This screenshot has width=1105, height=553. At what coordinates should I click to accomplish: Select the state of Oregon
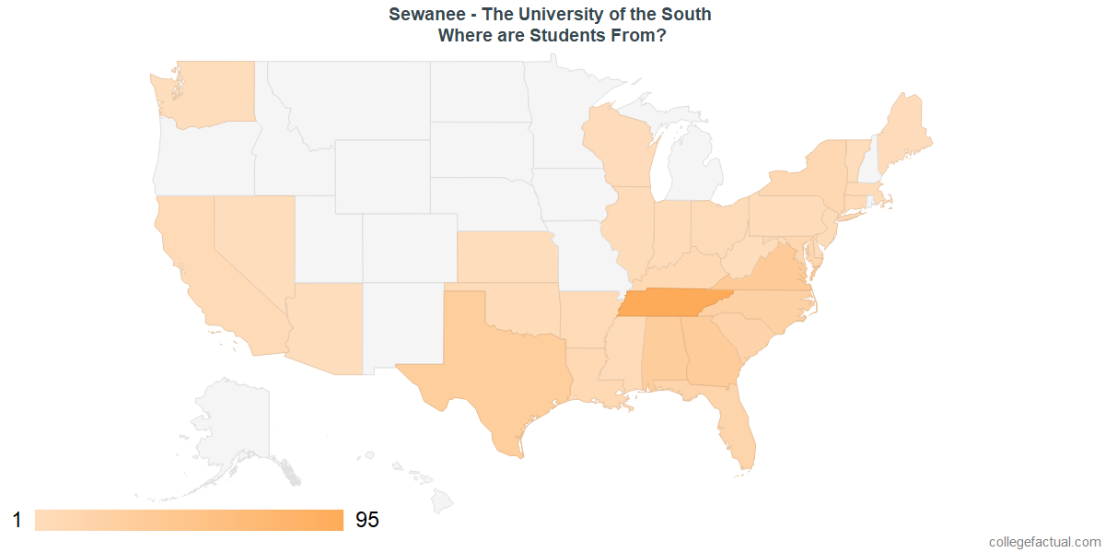pyautogui.click(x=203, y=157)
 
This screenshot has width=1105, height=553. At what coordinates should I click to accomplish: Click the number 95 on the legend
pyautogui.click(x=366, y=521)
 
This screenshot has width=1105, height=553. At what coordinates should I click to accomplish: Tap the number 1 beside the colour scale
pyautogui.click(x=17, y=521)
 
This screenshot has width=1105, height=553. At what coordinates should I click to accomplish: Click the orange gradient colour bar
pyautogui.click(x=189, y=521)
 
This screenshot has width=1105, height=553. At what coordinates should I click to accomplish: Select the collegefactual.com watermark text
pyautogui.click(x=1044, y=542)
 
